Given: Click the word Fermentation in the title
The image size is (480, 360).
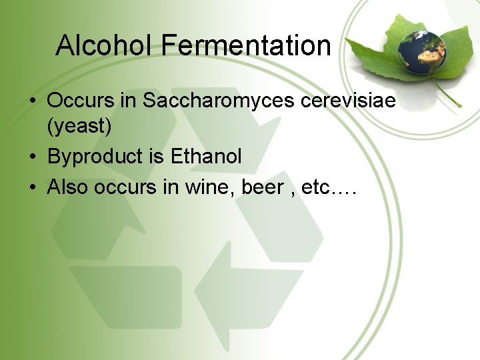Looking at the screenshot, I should pyautogui.click(x=246, y=46).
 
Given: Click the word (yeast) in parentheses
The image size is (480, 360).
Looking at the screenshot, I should pyautogui.click(x=79, y=125).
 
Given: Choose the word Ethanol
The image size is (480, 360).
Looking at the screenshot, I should pyautogui.click(x=206, y=157).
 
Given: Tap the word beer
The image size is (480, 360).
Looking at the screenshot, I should pyautogui.click(x=262, y=187).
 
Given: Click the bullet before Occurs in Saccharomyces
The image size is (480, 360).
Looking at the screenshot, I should pyautogui.click(x=32, y=102).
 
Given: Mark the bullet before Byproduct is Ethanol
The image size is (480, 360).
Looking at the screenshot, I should pyautogui.click(x=32, y=157).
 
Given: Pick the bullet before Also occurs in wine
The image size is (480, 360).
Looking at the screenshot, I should pyautogui.click(x=32, y=188).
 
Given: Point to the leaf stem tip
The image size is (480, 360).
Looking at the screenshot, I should pyautogui.click(x=460, y=105).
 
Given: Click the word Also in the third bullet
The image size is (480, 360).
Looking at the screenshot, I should pyautogui.click(x=67, y=187).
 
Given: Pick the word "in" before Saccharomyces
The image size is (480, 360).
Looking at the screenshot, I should pyautogui.click(x=129, y=101).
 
